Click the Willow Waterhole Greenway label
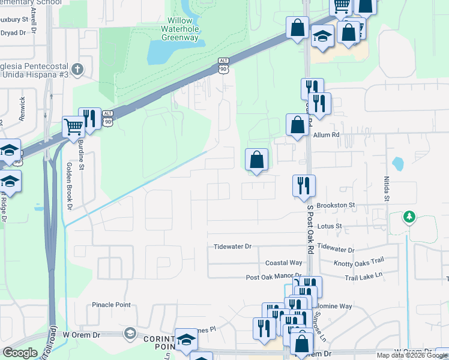click(x=179, y=29)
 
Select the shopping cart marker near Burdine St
click(x=74, y=127)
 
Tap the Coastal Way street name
click(x=284, y=263)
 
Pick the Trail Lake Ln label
click(x=364, y=277)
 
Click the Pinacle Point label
click(x=111, y=305)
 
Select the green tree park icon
click(x=409, y=216)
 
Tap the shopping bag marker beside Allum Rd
click(x=297, y=125)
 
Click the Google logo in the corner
click(x=20, y=353)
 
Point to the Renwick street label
click(x=23, y=109)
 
